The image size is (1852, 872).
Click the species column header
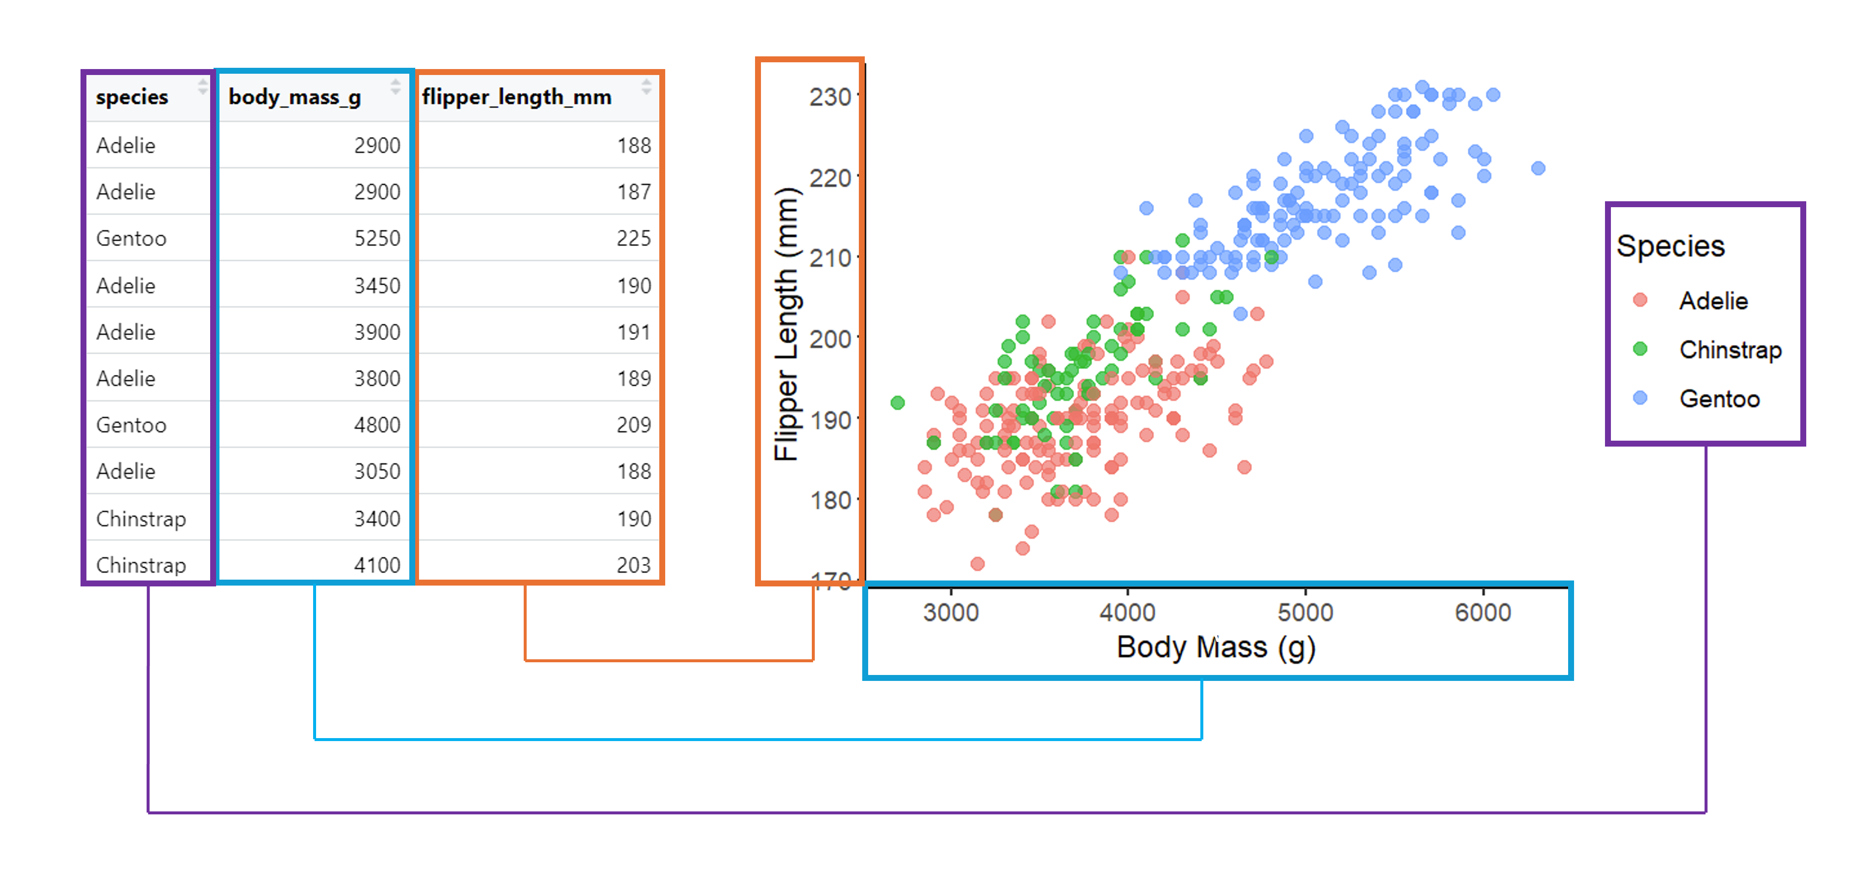click(x=132, y=97)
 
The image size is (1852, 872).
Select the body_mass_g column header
click(x=295, y=97)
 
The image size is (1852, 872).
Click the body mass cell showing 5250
click(x=377, y=239)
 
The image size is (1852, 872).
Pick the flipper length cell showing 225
click(x=633, y=239)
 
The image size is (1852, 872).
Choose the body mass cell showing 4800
click(x=377, y=425)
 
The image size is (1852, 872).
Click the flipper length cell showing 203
click(x=633, y=565)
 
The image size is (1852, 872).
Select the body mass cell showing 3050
click(x=377, y=472)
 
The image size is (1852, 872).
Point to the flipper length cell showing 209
click(x=633, y=425)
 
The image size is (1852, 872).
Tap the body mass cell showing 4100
click(x=377, y=565)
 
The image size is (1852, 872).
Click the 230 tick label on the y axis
click(x=830, y=97)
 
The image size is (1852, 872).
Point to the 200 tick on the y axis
click(x=830, y=339)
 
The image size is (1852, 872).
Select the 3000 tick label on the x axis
click(x=950, y=613)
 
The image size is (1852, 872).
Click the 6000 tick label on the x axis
click(x=1483, y=613)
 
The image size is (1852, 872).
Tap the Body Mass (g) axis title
click(x=1216, y=648)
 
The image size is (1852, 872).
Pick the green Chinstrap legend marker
click(x=1640, y=350)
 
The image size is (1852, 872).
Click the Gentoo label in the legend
click(x=1719, y=399)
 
